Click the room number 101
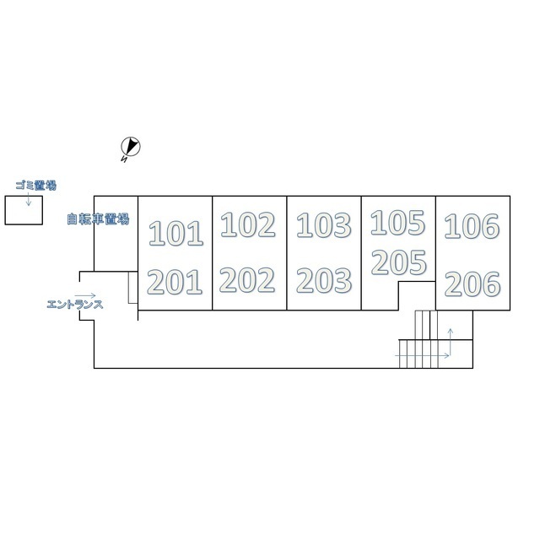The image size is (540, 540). (x=175, y=234)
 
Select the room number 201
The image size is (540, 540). (x=175, y=282)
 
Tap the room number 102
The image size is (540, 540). (x=247, y=224)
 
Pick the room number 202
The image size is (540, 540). (x=247, y=280)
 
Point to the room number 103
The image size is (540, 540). (x=324, y=225)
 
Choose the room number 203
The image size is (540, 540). (x=324, y=281)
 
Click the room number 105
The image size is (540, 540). (x=397, y=223)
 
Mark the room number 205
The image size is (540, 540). (x=399, y=262)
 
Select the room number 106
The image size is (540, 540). (x=472, y=226)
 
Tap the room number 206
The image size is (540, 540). (x=472, y=284)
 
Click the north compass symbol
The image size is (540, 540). (x=131, y=146)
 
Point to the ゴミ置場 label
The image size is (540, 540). (x=35, y=186)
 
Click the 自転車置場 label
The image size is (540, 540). (x=98, y=219)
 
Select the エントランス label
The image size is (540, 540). (x=75, y=305)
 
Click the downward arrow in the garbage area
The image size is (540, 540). (x=29, y=199)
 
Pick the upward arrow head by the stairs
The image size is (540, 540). (x=450, y=332)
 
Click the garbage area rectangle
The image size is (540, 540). (x=24, y=210)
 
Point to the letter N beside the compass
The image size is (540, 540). (x=124, y=159)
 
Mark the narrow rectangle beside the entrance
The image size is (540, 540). (x=133, y=288)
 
